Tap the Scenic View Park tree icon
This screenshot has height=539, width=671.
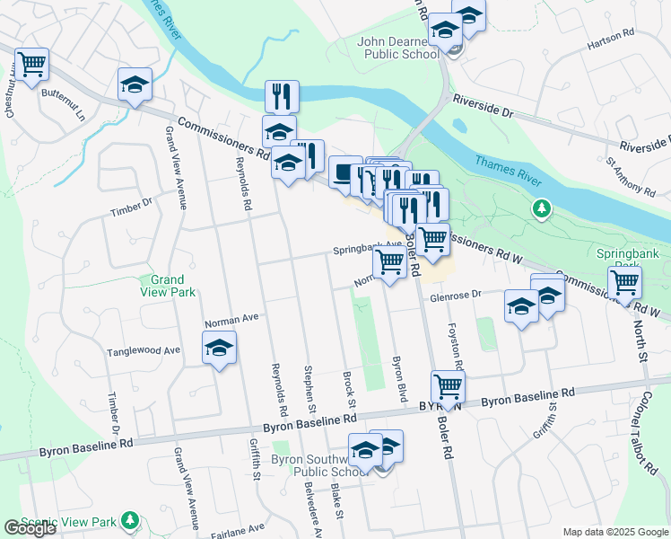(131, 520)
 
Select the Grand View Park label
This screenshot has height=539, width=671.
(167, 286)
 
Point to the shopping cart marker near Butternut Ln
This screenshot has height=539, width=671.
(31, 65)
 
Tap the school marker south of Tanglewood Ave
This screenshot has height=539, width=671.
(218, 349)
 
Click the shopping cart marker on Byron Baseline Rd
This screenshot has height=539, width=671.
(448, 387)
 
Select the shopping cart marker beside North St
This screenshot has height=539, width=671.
(624, 283)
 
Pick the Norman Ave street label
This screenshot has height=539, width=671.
(231, 318)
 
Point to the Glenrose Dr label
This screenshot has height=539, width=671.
(456, 294)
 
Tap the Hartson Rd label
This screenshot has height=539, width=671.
(610, 40)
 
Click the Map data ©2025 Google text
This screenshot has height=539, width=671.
(615, 532)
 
